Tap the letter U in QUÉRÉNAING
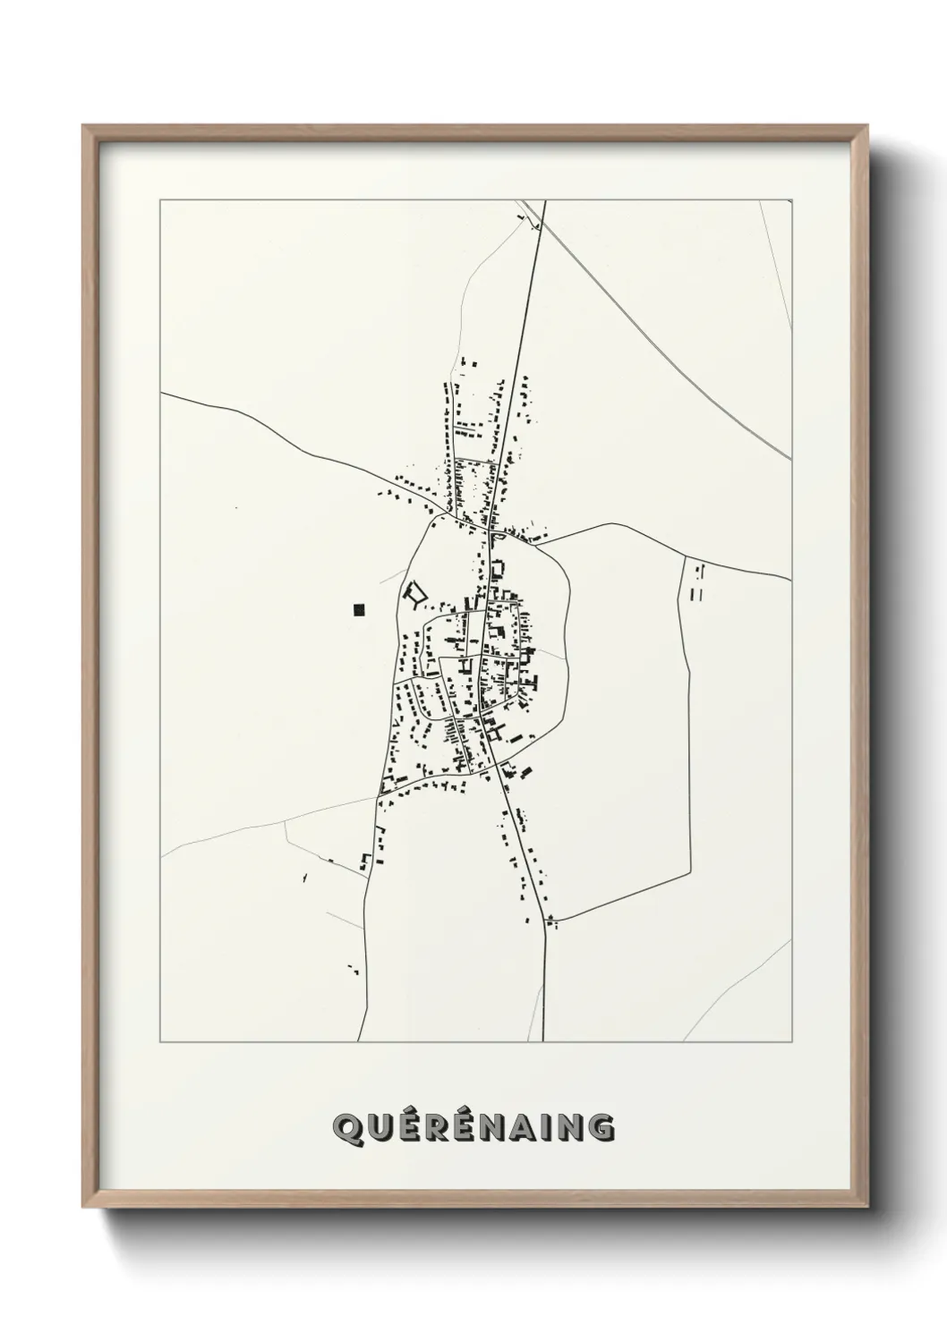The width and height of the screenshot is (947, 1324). tap(379, 1128)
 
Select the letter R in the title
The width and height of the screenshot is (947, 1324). tap(438, 1128)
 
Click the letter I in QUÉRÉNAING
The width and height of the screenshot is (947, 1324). tap(552, 1128)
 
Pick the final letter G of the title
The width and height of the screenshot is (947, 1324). tap(601, 1128)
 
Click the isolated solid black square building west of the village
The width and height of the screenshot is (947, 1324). tap(359, 610)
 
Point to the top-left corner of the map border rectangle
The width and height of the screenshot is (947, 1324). tap(160, 200)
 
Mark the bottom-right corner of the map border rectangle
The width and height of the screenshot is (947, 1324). tap(791, 1041)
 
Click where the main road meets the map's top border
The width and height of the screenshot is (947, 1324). tap(545, 201)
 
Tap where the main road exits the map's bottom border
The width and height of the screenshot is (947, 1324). tap(544, 1041)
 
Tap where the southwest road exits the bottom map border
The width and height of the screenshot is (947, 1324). tap(359, 1041)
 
